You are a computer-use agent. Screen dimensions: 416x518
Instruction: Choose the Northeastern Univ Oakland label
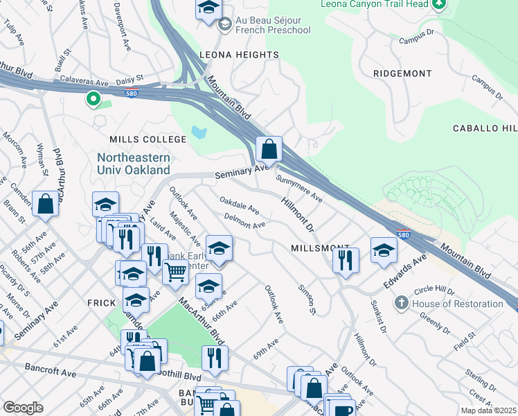point(133,163)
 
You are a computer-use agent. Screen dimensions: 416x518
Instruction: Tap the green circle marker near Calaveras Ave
point(92,99)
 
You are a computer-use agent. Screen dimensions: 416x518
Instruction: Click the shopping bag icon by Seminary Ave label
point(269,149)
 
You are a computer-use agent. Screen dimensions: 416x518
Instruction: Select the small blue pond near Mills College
point(200,132)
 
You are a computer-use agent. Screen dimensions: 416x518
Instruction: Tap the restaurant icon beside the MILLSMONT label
point(345,261)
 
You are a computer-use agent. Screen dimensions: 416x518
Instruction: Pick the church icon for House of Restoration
point(401,304)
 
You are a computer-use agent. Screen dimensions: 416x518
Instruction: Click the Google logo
point(23,408)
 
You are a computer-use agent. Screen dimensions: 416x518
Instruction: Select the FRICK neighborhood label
point(104,304)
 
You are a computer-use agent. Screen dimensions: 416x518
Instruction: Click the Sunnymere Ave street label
point(299,189)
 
